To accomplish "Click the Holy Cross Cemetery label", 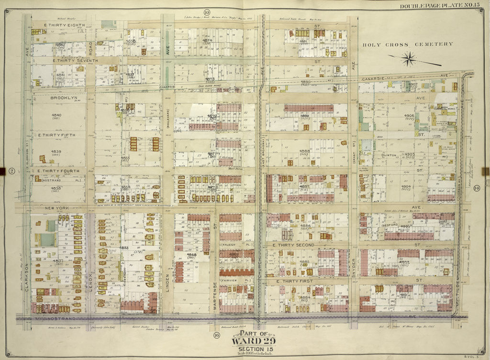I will point(407,44).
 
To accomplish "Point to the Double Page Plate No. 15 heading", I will point(443,5).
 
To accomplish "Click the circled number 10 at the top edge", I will point(207,12).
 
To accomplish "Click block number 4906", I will point(409,116).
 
